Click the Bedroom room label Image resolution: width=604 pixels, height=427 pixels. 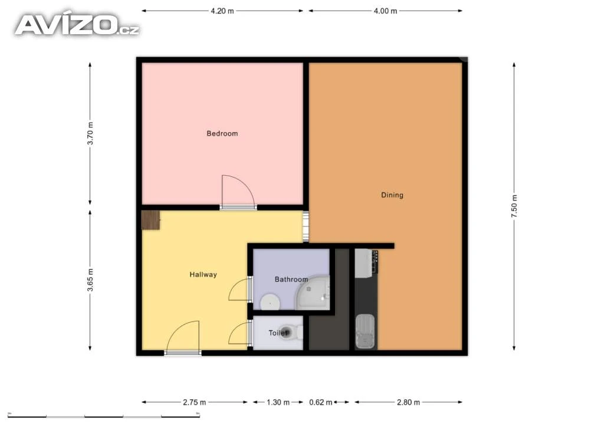pos(222,134)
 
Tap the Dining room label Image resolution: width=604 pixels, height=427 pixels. pos(392,195)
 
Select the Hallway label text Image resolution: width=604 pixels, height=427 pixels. pos(203,274)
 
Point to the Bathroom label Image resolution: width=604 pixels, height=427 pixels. pos(291,279)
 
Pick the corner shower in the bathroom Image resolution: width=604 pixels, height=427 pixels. pos(313,293)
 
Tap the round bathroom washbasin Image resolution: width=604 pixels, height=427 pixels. pos(270,302)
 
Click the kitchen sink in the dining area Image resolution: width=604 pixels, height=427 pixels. pos(365,331)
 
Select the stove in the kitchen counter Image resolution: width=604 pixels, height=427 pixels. pos(366,264)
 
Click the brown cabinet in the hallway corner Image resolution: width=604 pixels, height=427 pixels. pos(150,220)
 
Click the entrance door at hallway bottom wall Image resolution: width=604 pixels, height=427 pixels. pos(183,337)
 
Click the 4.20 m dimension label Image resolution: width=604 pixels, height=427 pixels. pos(222,11)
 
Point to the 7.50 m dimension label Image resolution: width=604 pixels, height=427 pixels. pos(514,206)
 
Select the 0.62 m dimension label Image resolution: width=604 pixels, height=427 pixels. pos(320,402)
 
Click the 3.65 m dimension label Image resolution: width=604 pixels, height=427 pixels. pos(90,280)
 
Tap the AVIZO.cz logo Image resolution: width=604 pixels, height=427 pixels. pos(77,25)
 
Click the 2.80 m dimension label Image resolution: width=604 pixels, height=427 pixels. pos(408,402)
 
